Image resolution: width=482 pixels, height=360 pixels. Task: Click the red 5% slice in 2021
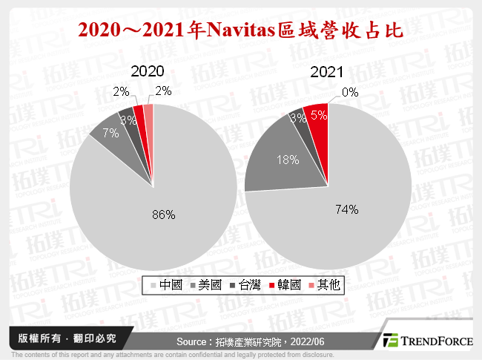[x=317, y=115]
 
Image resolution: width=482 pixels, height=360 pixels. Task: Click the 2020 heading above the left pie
[x=147, y=72]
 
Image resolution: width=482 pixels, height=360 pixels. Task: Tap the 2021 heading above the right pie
[x=327, y=72]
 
